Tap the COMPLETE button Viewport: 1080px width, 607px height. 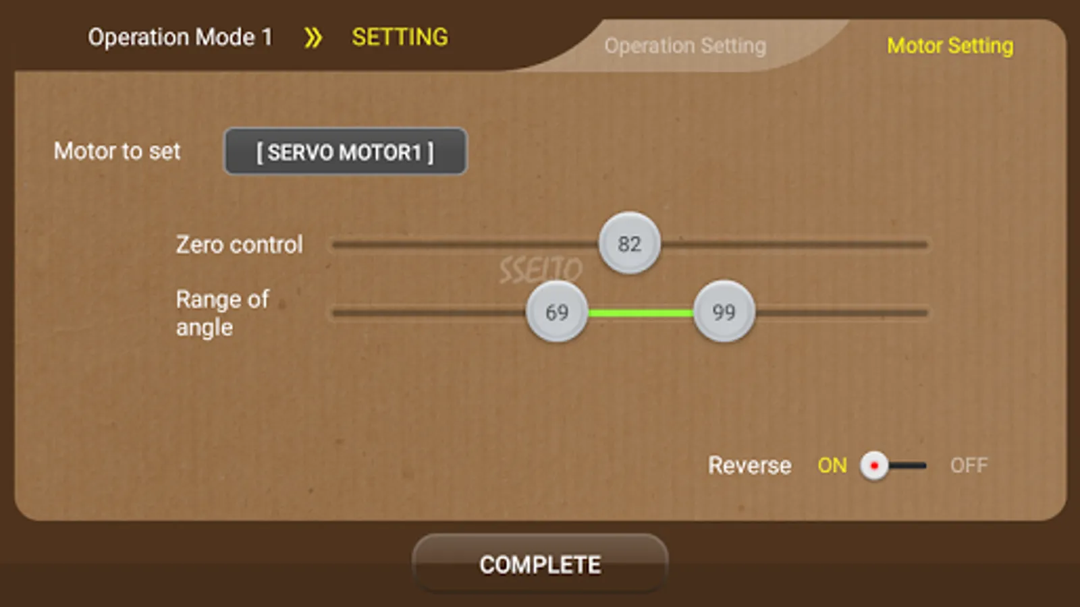pos(540,564)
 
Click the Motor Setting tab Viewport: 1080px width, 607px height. pos(950,46)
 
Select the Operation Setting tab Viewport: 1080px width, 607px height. pos(685,46)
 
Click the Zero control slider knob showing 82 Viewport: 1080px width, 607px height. pos(629,243)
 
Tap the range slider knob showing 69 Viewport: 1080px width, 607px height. pos(557,312)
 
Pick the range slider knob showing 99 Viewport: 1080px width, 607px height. pos(724,312)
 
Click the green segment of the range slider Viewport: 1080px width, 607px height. pos(640,312)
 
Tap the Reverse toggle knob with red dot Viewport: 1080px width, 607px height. pos(874,465)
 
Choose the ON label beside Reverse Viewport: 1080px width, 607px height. pos(832,465)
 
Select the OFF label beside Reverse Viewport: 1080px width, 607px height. pos(969,465)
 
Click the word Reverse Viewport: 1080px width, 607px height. pos(749,465)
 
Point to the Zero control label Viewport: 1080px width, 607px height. pos(239,244)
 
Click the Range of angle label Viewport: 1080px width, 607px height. pos(221,313)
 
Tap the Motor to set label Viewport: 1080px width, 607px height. pos(117,151)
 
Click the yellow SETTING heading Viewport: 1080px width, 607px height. pos(400,37)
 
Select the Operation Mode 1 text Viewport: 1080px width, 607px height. pos(180,37)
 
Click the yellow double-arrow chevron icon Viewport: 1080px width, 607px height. pos(313,38)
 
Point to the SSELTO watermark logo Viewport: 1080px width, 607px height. pos(540,270)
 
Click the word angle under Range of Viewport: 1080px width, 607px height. pos(204,328)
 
